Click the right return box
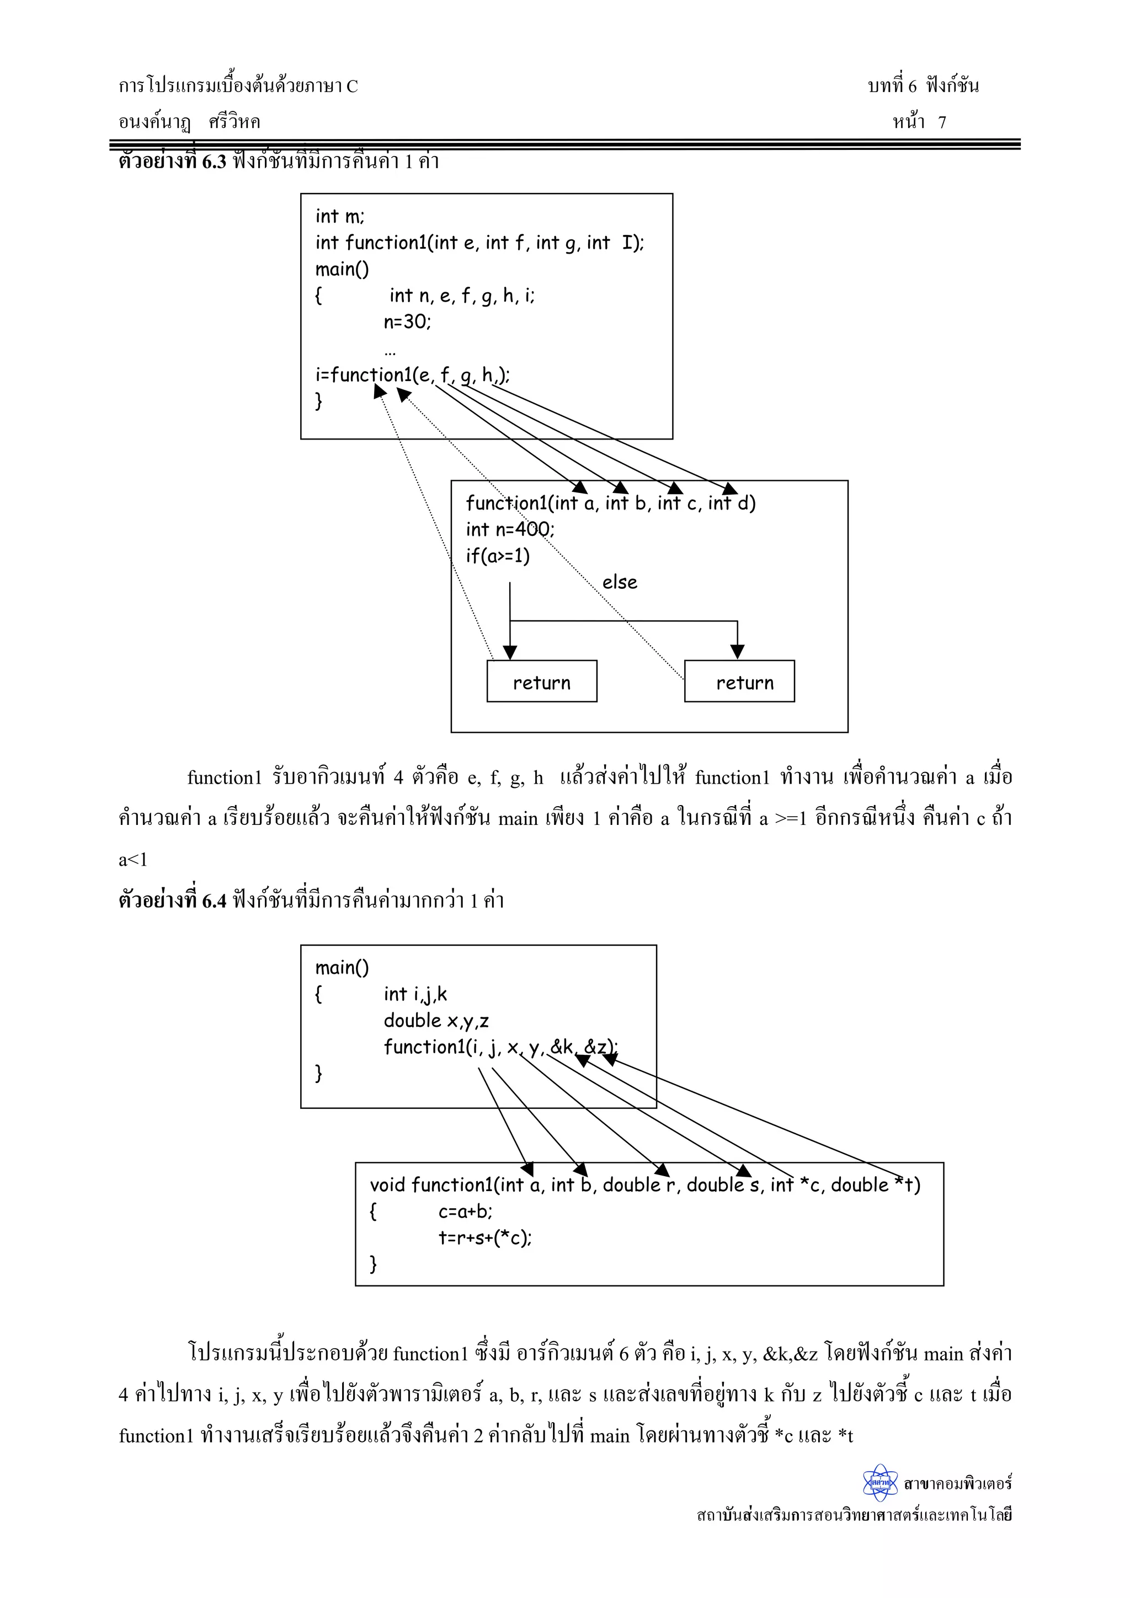point(739,682)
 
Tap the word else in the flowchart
point(619,582)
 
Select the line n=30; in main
point(407,321)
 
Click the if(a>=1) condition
point(497,555)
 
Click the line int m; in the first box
point(339,217)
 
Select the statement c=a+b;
point(465,1211)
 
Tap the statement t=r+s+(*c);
point(484,1237)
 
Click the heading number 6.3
point(214,162)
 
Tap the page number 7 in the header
point(941,122)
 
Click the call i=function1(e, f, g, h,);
point(412,375)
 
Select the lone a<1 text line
point(133,860)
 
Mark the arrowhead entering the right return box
point(737,652)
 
